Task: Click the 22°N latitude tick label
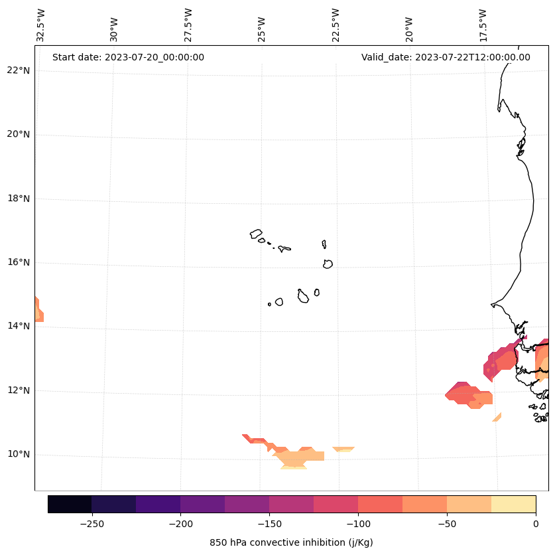(19, 71)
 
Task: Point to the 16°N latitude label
(19, 263)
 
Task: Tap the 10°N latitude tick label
(19, 455)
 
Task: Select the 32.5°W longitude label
(41, 25)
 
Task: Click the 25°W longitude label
(262, 25)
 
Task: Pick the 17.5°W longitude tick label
(483, 25)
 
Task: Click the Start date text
(128, 57)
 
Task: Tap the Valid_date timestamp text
(446, 57)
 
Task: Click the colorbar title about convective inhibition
(291, 542)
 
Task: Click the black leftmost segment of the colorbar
(70, 504)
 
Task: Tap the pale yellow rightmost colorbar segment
(513, 504)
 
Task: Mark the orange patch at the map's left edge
(38, 311)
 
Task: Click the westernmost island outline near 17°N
(257, 234)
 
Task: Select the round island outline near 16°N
(328, 264)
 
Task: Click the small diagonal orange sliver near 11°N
(497, 417)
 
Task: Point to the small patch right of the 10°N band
(343, 449)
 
